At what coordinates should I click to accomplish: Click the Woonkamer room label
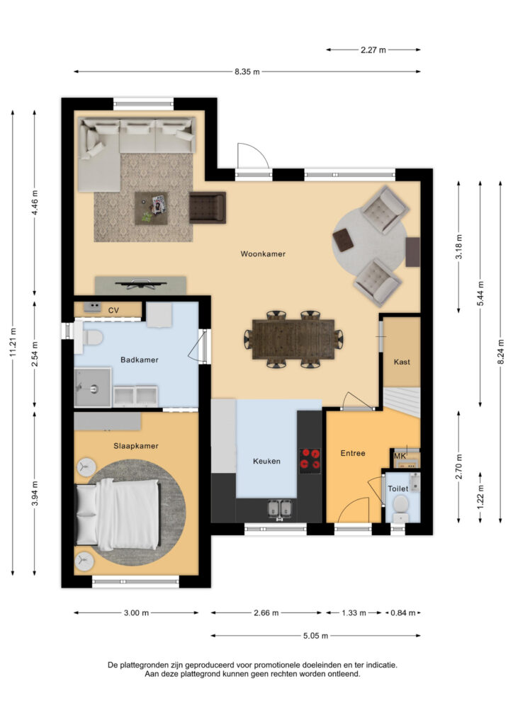(263, 253)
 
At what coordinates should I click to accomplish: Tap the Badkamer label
(139, 360)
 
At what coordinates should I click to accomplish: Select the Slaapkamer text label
(135, 446)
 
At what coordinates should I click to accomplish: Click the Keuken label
(266, 461)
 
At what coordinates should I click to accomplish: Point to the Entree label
(353, 453)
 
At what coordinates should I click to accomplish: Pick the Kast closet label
(402, 362)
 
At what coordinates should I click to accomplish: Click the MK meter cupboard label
(400, 456)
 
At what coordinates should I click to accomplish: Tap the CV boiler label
(113, 310)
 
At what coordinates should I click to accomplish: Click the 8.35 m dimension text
(247, 72)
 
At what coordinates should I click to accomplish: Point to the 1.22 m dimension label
(482, 496)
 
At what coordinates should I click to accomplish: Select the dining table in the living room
(293, 339)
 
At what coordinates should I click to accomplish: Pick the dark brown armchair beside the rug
(207, 207)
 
